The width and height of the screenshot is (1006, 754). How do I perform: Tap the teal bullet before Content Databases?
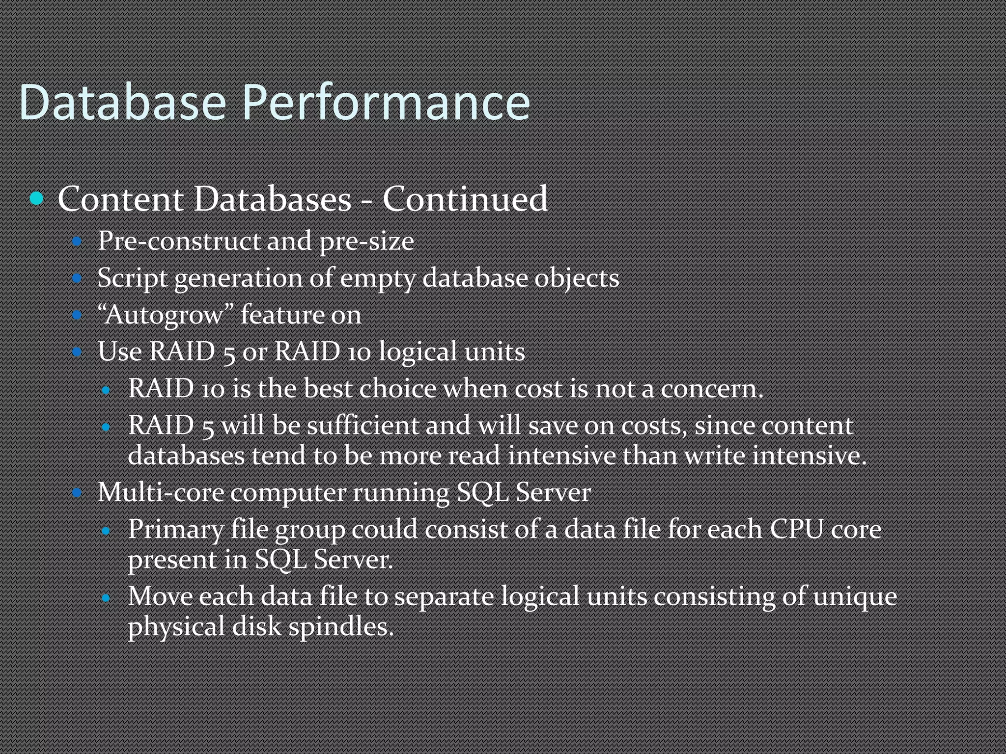(x=37, y=199)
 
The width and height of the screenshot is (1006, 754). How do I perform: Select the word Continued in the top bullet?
(x=465, y=199)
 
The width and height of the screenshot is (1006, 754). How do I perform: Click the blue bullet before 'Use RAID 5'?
(x=77, y=351)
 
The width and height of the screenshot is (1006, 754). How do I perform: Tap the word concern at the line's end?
(x=711, y=389)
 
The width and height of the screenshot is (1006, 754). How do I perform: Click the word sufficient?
(x=363, y=425)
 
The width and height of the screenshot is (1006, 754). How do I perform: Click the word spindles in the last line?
(x=341, y=627)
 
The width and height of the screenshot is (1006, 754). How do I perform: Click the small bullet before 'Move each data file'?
(x=106, y=598)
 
